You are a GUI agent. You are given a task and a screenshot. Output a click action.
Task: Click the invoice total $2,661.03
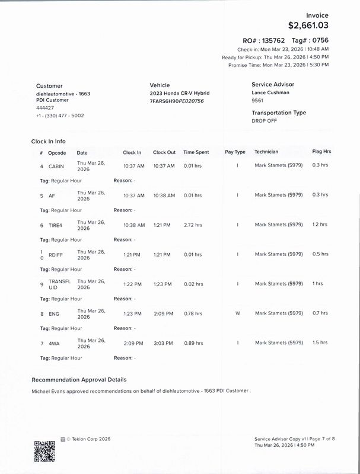(308, 25)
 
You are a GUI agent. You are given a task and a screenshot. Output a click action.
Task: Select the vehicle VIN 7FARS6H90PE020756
(177, 101)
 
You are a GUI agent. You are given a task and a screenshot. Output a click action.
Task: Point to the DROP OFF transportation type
(265, 120)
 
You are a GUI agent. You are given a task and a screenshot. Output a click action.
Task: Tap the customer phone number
(60, 116)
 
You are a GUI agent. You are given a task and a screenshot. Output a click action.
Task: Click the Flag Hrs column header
(321, 152)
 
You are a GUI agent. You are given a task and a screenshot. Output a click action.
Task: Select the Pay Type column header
(235, 152)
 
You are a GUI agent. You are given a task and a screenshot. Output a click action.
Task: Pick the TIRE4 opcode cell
(56, 225)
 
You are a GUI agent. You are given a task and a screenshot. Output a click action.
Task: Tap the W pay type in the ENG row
(237, 313)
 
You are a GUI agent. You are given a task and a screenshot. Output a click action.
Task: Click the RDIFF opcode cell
(56, 255)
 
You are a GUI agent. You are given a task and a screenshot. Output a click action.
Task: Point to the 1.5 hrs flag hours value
(320, 343)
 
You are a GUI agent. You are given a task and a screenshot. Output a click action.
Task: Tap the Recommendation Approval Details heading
(78, 380)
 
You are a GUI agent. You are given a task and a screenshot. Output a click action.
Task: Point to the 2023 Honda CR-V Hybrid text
(180, 94)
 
